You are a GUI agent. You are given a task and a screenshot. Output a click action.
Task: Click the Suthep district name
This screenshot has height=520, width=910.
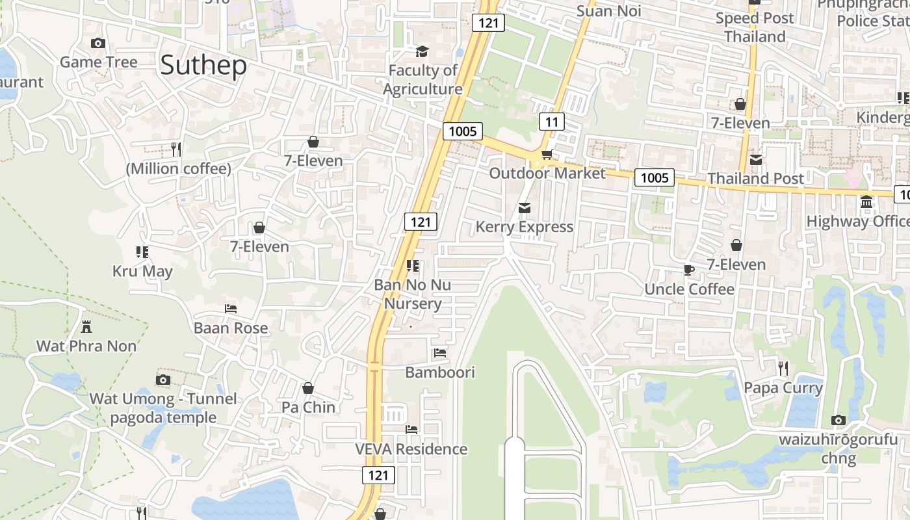[203, 66]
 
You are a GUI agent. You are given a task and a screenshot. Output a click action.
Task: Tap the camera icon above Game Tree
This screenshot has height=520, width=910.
[98, 44]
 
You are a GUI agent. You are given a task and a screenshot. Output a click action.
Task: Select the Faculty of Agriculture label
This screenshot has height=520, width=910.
[422, 79]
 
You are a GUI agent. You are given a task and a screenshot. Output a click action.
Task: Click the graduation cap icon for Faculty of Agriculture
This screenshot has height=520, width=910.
[422, 51]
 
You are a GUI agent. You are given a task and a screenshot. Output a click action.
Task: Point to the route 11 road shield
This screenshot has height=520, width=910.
[551, 122]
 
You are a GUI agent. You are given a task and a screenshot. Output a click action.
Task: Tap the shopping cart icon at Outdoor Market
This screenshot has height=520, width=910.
[547, 155]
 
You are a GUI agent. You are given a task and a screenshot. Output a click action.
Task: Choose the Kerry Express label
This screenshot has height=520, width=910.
[524, 227]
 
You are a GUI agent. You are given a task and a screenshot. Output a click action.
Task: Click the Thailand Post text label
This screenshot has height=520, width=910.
[755, 178]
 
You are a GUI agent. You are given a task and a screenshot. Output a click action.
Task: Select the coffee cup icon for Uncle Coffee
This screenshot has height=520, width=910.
[689, 270]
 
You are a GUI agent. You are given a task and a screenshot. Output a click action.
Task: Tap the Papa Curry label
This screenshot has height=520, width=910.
[783, 388]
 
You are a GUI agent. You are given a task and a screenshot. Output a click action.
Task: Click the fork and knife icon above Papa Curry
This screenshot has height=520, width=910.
[783, 369]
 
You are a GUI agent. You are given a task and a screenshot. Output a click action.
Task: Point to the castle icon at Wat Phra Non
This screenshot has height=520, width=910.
[86, 326]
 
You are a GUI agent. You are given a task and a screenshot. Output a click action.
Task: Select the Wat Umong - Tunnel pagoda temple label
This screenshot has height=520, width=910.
[163, 408]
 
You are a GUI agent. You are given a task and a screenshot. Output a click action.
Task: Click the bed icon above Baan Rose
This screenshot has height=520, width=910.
[231, 309]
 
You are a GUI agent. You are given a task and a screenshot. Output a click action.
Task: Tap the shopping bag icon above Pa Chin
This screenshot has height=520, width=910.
[308, 388]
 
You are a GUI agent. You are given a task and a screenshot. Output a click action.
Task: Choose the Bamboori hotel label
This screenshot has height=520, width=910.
[440, 372]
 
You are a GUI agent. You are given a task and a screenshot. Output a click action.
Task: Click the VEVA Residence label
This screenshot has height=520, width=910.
[411, 449]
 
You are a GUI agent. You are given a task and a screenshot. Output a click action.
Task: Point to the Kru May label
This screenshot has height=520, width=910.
[142, 271]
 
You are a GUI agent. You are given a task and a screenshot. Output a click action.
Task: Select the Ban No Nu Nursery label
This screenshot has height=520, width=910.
[412, 294]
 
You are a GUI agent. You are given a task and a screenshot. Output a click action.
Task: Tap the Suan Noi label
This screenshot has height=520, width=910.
[609, 11]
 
